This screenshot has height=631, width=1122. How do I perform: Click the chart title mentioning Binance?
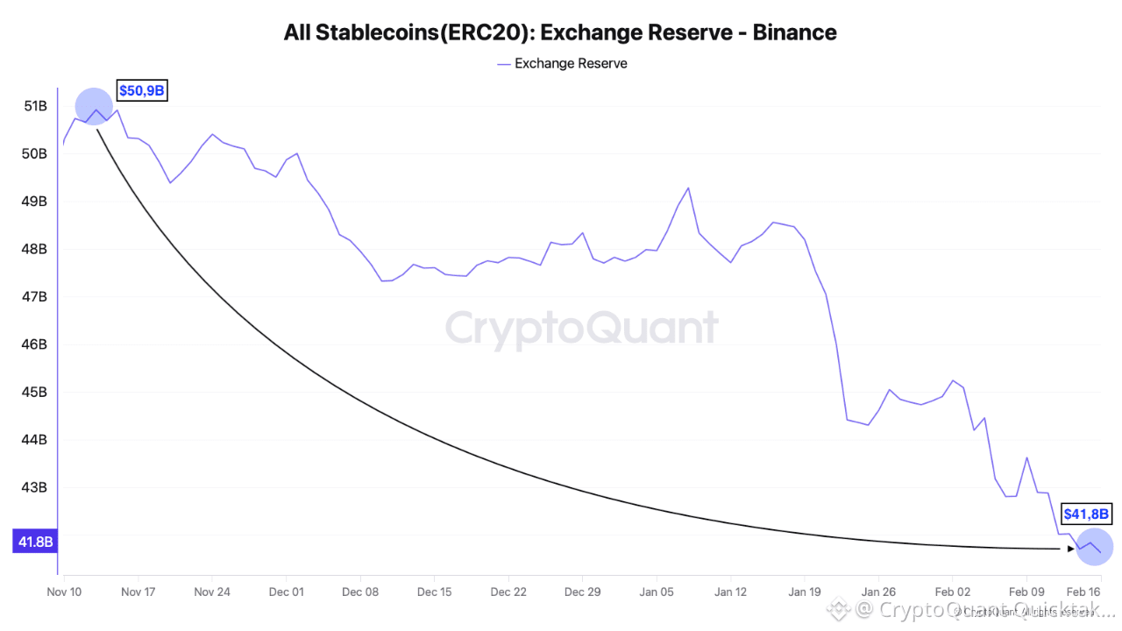pos(560,32)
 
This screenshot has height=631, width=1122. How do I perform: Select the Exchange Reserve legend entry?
pos(571,63)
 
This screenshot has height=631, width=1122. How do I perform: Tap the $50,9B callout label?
pos(141,90)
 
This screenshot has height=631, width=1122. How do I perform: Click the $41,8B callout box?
pos(1086,514)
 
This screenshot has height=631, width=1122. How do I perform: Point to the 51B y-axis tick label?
pos(35,106)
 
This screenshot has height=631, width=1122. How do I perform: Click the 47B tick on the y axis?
pos(35,296)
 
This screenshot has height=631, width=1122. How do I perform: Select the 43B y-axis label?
pos(35,487)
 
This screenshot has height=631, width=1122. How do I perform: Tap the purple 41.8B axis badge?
pos(34,542)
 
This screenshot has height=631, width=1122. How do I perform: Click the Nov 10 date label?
pos(64,592)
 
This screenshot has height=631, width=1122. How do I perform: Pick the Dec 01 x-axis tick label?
pos(286,592)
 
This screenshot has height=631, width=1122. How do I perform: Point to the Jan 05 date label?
pos(657,592)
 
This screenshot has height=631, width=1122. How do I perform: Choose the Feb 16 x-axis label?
pos(1083,592)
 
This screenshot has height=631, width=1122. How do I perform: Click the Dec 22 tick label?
pos(508,592)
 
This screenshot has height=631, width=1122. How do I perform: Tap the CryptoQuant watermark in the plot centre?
pos(582,329)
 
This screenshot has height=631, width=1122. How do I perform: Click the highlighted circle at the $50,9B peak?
pos(95,108)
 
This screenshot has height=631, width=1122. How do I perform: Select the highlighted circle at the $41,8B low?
pos(1094,547)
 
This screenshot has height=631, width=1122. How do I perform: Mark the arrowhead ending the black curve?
pos(1071,549)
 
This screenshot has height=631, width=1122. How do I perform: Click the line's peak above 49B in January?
pos(688,188)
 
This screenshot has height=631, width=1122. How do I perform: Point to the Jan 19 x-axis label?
pos(805,592)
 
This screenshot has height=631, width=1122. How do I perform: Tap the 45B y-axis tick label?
pos(35,392)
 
